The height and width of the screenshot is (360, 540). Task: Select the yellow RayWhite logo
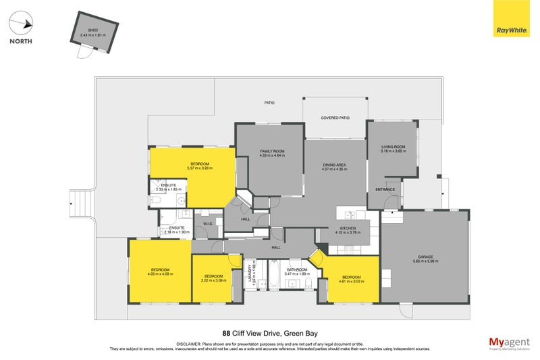pyautogui.click(x=512, y=21)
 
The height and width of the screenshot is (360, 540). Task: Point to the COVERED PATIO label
pyautogui.click(x=335, y=118)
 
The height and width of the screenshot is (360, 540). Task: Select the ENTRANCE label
pyautogui.click(x=385, y=190)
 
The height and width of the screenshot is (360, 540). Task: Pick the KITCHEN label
pyautogui.click(x=347, y=230)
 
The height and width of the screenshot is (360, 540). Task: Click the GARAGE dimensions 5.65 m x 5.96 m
pyautogui.click(x=425, y=261)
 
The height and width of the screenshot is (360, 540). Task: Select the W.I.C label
pyautogui.click(x=207, y=224)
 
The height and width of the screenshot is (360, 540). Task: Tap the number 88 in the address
pyautogui.click(x=226, y=333)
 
